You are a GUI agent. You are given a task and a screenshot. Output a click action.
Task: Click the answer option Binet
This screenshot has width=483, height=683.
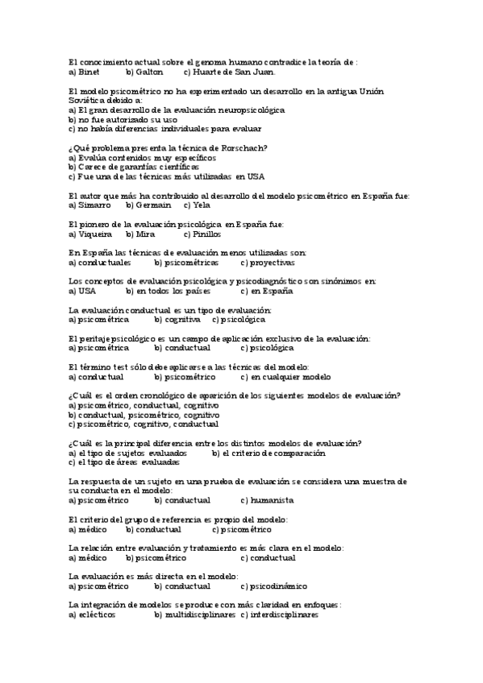click(x=89, y=72)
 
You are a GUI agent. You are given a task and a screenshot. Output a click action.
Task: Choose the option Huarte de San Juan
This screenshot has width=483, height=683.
click(x=224, y=72)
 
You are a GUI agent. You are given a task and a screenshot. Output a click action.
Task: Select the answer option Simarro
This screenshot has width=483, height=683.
click(x=95, y=205)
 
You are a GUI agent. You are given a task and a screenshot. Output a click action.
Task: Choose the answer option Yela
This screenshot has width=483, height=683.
click(x=202, y=205)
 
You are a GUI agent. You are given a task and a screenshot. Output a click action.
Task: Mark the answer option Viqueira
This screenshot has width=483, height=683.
click(x=95, y=234)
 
